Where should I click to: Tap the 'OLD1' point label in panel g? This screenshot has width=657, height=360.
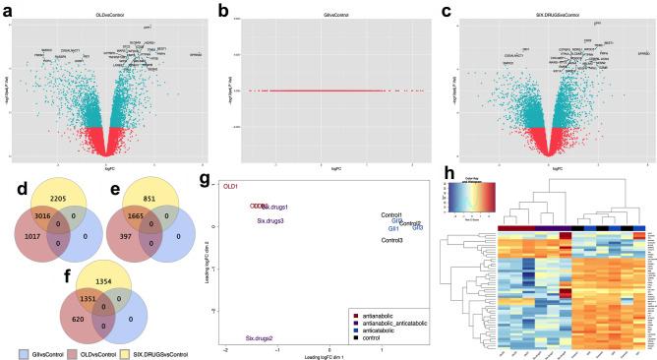pyautogui.click(x=231, y=185)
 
